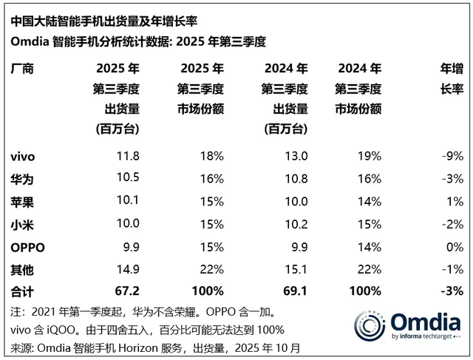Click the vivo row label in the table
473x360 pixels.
24,156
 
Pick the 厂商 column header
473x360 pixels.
23,69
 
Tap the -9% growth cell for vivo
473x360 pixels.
451,156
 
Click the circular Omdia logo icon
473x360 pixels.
370,326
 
